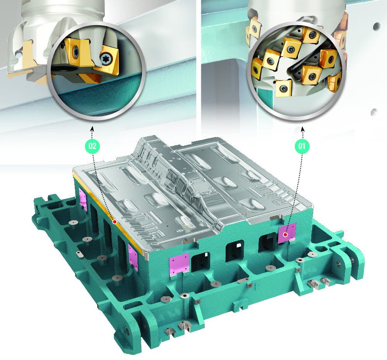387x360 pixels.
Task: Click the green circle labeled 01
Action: point(302,146)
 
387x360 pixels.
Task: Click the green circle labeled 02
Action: point(92,146)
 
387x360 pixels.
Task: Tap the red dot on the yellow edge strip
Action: point(115,222)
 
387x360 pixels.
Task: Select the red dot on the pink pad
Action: point(285,234)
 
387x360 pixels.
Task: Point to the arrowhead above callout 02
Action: point(92,129)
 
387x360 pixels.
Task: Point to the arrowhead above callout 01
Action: point(303,129)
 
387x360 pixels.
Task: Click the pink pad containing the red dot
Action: point(287,233)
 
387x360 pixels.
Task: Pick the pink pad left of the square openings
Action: point(180,264)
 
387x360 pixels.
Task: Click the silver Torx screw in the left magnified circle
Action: point(107,59)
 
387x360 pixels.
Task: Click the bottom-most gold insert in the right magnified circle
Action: point(284,88)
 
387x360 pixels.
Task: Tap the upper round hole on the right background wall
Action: point(377,26)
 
